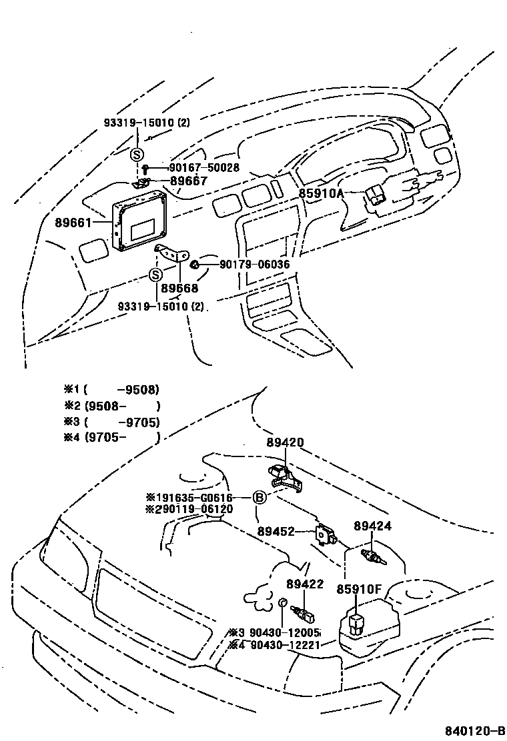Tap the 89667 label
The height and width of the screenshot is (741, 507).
click(188, 181)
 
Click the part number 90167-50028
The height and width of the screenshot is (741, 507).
click(203, 168)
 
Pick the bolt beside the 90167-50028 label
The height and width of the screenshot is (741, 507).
click(145, 168)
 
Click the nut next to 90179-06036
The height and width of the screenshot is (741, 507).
click(195, 265)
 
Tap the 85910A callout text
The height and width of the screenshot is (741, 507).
click(320, 194)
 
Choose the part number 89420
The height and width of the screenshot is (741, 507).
click(285, 442)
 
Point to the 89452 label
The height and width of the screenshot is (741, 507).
click(276, 532)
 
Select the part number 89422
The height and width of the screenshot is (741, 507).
click(305, 584)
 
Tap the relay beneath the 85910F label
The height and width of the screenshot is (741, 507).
click(356, 623)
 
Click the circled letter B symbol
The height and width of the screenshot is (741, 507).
click(259, 497)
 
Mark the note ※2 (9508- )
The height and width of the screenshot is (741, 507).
click(112, 405)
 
